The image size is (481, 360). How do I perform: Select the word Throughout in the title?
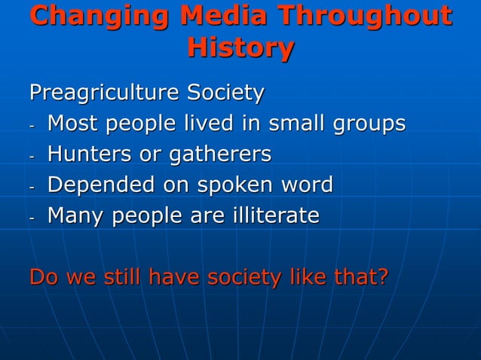coord(366,17)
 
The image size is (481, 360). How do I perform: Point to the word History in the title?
coord(240,49)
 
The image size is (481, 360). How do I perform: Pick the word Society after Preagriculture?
coord(226,93)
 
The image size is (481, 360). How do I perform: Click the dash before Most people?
coord(32,125)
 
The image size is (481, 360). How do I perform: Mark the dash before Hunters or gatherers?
coord(32,156)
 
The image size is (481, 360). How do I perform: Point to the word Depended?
coord(97,186)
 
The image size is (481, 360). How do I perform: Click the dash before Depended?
coord(32,187)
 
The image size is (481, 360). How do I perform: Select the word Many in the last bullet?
coord(76,217)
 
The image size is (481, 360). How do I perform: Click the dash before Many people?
coord(32,218)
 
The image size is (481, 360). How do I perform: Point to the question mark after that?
coord(382,278)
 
